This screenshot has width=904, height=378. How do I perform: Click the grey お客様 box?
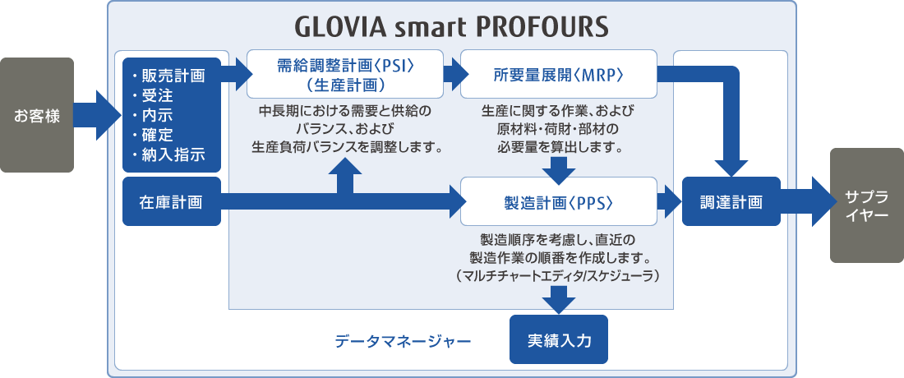coord(37,115)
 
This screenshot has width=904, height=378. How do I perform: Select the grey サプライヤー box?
coord(866,205)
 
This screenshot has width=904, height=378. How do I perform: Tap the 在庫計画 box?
coord(172,201)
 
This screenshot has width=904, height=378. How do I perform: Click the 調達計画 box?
coord(731,201)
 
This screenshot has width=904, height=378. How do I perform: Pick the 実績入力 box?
coord(559,339)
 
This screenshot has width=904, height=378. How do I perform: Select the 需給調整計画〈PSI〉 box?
coord(345,74)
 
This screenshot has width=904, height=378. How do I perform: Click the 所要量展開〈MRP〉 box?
coord(559,74)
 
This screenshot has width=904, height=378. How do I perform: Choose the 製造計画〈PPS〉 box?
coord(559,201)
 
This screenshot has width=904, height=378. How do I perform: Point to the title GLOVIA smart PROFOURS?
coord(452,25)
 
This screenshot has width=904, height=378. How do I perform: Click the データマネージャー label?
coord(403,341)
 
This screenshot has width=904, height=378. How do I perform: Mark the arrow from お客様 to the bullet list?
coord(98,115)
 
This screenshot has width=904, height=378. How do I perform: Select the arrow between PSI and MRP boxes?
coord(456,74)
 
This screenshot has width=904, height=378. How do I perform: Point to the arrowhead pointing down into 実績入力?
coord(559,306)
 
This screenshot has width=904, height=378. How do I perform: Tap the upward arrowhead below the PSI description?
coord(345,165)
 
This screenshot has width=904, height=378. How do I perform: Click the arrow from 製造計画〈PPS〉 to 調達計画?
coord(669,201)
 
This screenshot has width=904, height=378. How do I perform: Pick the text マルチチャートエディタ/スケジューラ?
coord(558,277)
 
